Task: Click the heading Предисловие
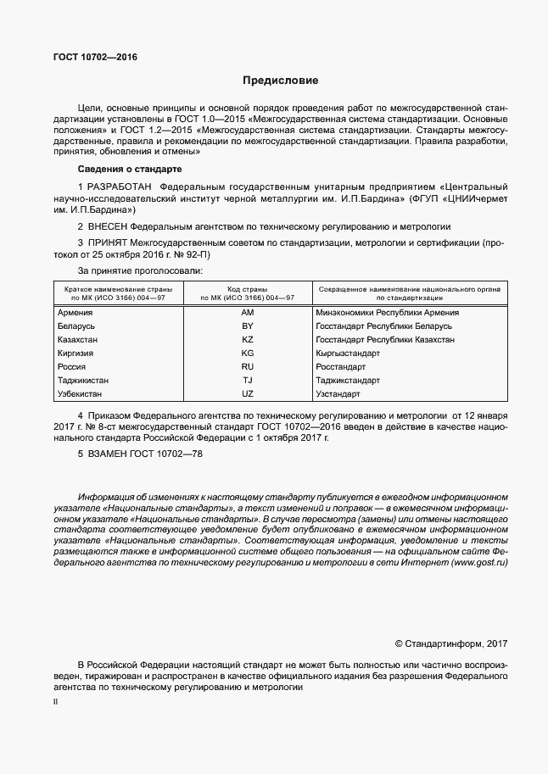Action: (x=280, y=81)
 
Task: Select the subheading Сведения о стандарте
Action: (x=123, y=170)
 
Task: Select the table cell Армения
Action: (x=75, y=313)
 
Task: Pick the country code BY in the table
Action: (x=248, y=326)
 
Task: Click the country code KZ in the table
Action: (x=248, y=340)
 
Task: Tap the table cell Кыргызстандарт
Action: (x=349, y=354)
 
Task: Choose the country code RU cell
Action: (x=248, y=367)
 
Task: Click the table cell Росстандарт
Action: (x=341, y=367)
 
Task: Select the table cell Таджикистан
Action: (x=83, y=381)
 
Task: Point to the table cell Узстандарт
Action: (x=339, y=394)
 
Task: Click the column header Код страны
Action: (x=248, y=289)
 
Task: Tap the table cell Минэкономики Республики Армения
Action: (x=387, y=313)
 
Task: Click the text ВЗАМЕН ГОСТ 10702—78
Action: (x=140, y=454)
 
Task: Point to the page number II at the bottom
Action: (x=55, y=703)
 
